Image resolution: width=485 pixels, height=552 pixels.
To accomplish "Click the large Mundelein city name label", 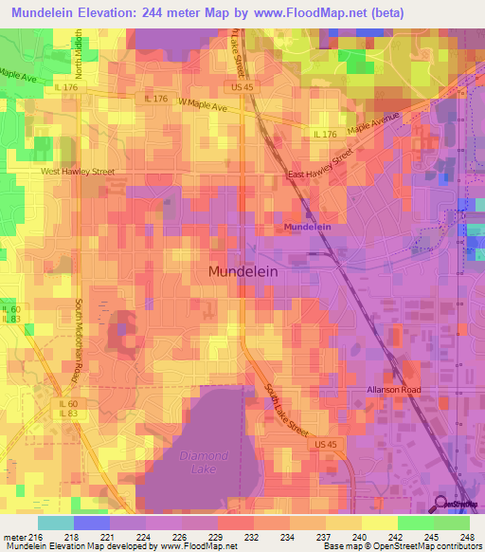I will coord(242,270).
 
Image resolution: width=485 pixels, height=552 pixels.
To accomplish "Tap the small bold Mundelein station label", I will coord(309,228).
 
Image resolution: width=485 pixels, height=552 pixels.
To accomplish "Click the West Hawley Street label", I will coord(77,172).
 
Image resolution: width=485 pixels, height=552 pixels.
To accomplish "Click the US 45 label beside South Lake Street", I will coord(326,443).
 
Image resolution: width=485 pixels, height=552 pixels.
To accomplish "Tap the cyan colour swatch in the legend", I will coord(56,523).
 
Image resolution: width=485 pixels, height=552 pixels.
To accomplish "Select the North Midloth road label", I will coord(80,54).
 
